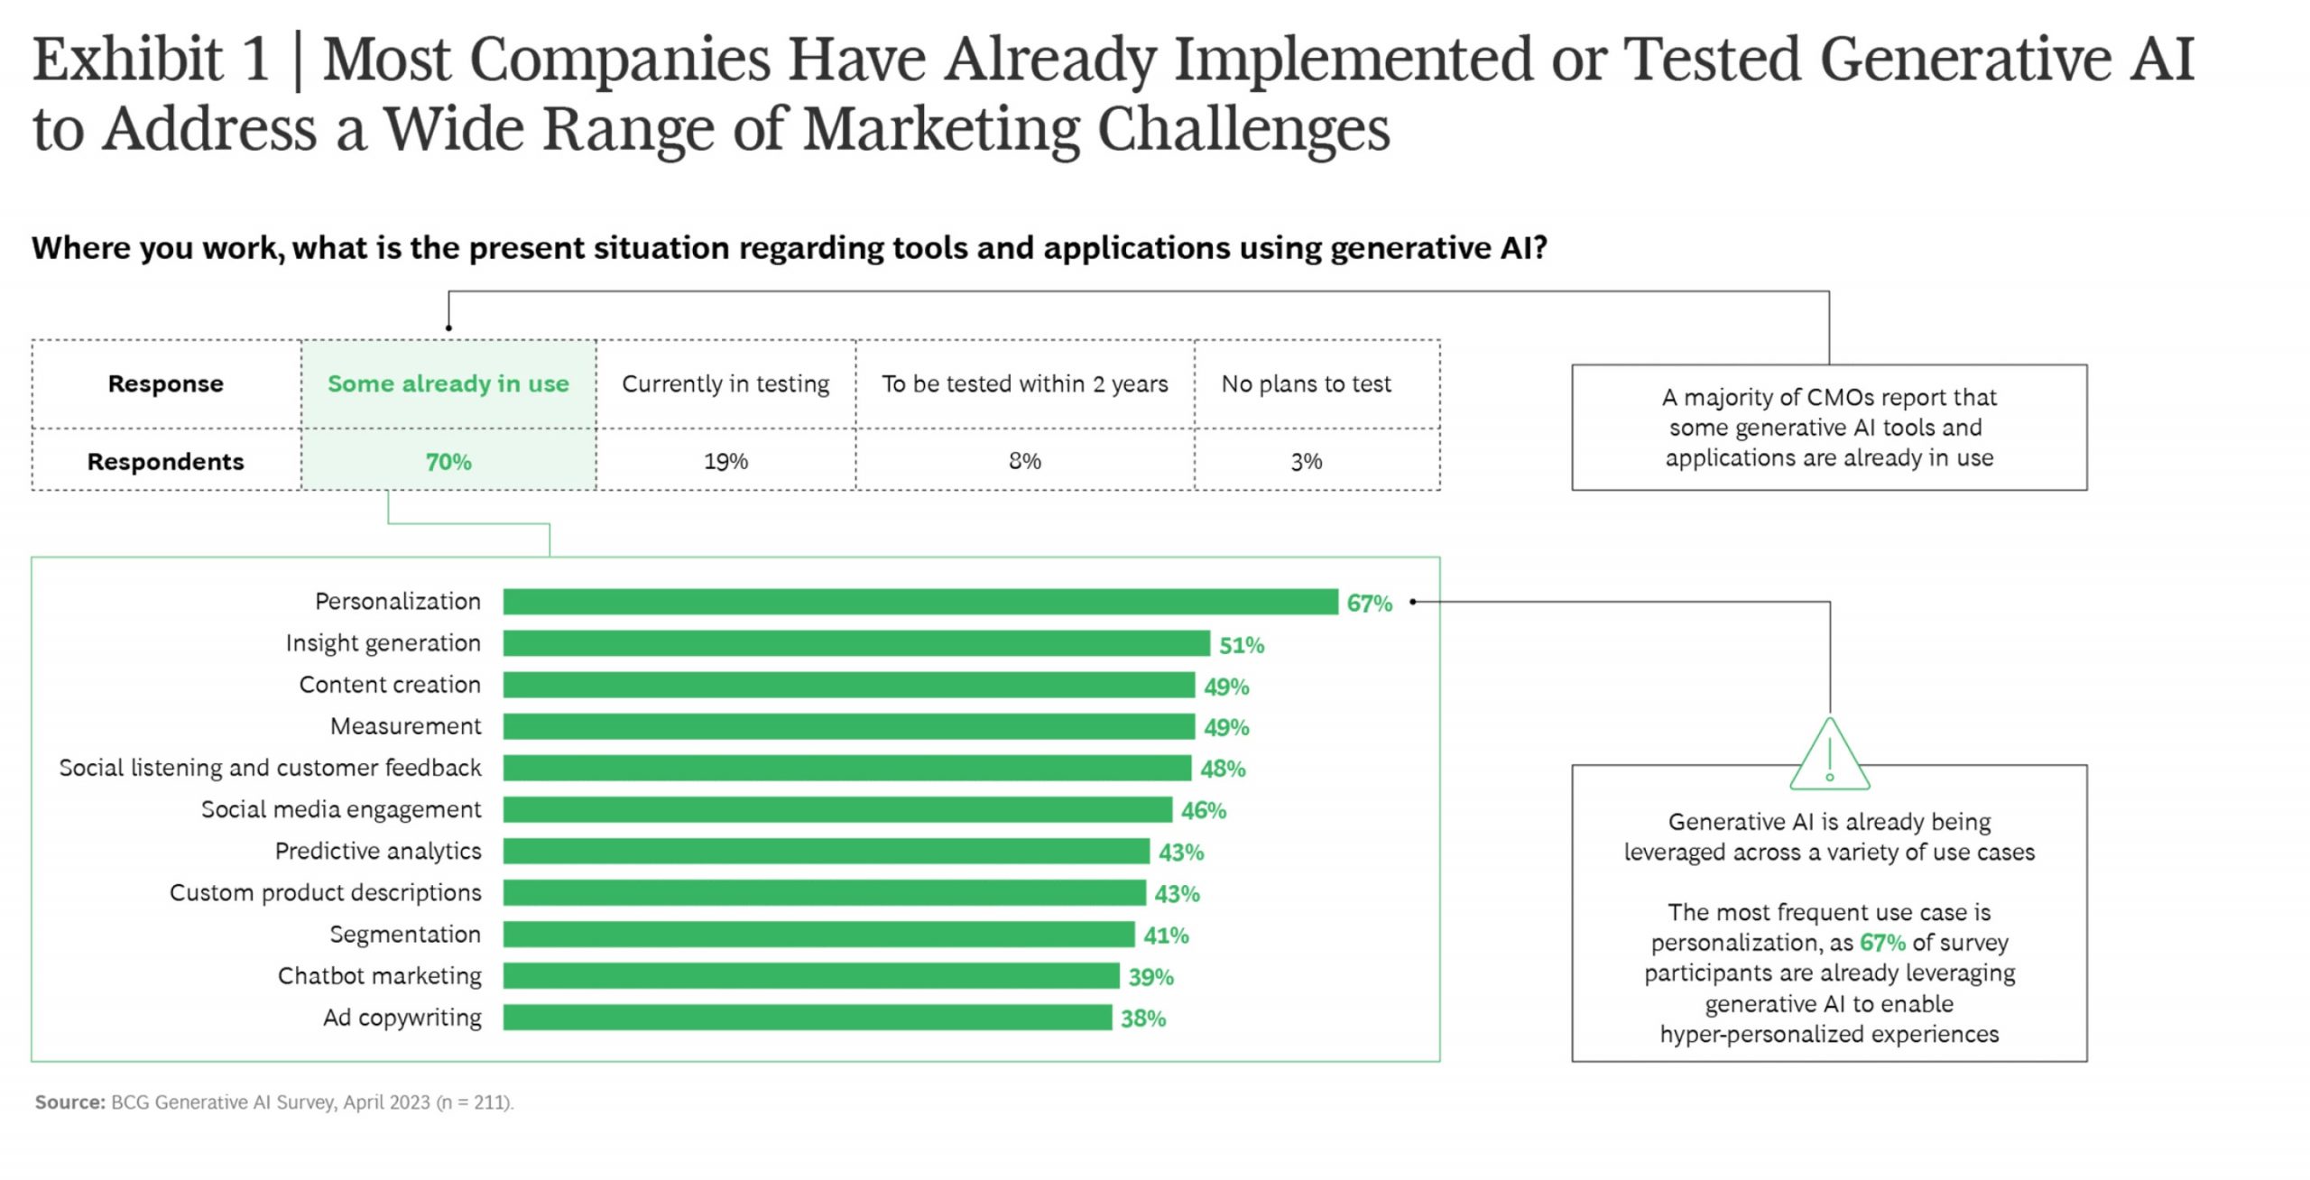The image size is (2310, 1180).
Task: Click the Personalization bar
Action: click(x=920, y=602)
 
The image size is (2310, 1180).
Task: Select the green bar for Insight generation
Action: click(x=855, y=643)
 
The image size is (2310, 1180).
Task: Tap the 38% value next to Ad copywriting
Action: click(x=1142, y=1019)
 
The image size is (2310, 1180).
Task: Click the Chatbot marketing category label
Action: click(x=379, y=976)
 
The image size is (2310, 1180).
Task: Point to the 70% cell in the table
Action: click(x=448, y=462)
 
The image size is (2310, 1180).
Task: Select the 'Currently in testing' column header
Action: click(x=725, y=384)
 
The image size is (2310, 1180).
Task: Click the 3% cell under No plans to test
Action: click(x=1306, y=462)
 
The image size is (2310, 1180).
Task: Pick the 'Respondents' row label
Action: click(x=165, y=462)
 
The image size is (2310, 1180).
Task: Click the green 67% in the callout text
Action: click(x=1882, y=943)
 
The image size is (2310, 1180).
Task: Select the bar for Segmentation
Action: click(x=818, y=935)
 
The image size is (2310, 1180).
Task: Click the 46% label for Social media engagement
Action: click(x=1203, y=811)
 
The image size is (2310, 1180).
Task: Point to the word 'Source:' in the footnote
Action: click(x=70, y=1102)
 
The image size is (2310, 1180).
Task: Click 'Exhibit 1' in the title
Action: click(x=151, y=60)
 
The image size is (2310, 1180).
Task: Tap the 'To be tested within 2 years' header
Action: click(x=1024, y=384)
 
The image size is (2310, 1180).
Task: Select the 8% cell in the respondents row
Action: click(x=1024, y=462)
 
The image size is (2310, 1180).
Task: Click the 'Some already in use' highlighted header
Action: click(x=448, y=384)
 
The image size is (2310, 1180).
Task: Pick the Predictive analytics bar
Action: click(x=826, y=852)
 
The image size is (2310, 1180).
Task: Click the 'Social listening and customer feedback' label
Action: click(x=270, y=768)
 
